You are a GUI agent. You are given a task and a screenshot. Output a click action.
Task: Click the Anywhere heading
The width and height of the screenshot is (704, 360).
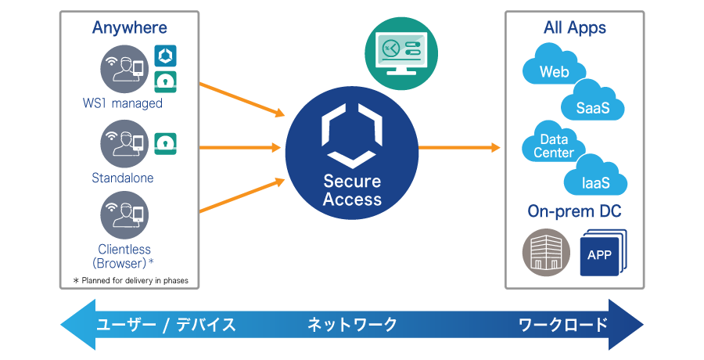(x=129, y=28)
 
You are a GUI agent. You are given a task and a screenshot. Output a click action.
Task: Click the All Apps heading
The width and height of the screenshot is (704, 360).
(x=574, y=28)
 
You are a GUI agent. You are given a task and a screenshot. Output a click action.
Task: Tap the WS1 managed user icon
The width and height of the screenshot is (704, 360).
(x=124, y=69)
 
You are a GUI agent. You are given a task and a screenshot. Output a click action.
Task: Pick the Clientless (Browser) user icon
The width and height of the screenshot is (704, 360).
(x=124, y=215)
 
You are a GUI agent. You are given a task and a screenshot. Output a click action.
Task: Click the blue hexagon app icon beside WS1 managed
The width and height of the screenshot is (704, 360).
(x=165, y=56)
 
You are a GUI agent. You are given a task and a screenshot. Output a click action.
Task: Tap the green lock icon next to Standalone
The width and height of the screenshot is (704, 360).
(x=165, y=142)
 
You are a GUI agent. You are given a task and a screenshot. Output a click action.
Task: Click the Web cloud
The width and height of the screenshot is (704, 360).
(x=554, y=69)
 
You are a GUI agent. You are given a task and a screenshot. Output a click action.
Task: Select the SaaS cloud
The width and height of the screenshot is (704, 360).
(x=593, y=104)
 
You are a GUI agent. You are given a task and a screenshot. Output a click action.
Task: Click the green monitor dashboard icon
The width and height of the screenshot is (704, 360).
(x=401, y=53)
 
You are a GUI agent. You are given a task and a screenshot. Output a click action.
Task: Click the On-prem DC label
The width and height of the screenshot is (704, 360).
(x=574, y=212)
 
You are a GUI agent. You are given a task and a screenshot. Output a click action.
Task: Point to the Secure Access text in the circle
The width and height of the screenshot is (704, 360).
(x=352, y=190)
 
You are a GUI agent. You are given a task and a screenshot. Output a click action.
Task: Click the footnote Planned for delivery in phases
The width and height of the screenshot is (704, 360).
(x=130, y=280)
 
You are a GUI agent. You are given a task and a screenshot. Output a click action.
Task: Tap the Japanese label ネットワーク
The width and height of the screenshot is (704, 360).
(x=352, y=325)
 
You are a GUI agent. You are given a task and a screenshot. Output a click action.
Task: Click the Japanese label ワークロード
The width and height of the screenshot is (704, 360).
(x=563, y=325)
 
